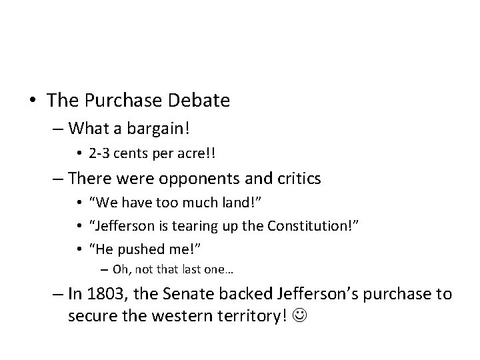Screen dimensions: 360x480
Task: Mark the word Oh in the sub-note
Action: (121, 269)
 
